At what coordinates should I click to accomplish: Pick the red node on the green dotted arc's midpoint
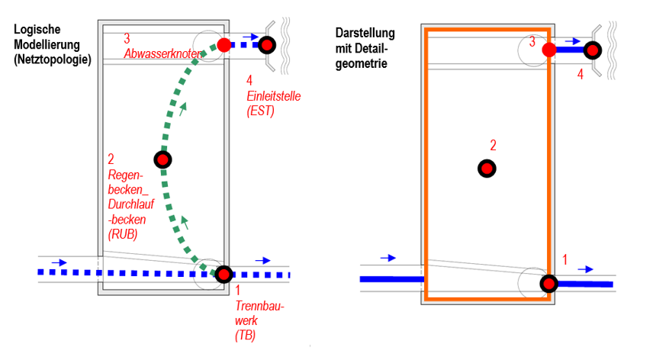[162, 159]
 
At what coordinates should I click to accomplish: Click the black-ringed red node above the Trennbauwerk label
[224, 274]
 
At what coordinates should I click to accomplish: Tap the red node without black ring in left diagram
[224, 45]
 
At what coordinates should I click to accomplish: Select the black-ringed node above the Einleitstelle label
[267, 45]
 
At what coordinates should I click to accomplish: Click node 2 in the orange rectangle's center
[486, 169]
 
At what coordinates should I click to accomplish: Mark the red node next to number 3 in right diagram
[548, 50]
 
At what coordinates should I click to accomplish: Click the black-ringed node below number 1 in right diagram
[548, 284]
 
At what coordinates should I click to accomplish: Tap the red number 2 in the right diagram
[493, 145]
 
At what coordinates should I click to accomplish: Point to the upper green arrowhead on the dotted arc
[182, 109]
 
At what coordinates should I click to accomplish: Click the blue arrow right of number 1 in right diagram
[586, 268]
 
